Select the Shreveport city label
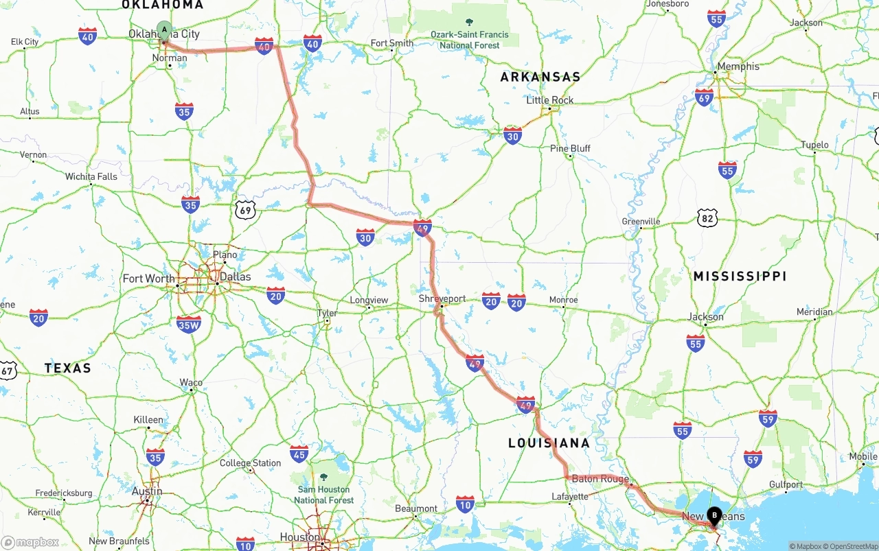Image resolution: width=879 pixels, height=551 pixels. (442, 299)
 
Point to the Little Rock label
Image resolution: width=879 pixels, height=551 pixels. (549, 100)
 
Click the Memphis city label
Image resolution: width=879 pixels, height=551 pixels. (738, 67)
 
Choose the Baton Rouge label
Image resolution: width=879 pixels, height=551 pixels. (600, 479)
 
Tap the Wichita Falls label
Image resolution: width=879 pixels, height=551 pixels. (91, 176)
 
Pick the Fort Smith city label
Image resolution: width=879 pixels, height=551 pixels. (392, 43)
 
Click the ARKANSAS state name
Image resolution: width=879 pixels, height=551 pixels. (540, 77)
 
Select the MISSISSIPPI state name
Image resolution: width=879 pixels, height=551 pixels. (740, 277)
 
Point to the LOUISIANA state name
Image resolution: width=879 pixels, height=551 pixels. (549, 443)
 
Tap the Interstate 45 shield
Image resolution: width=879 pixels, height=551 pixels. (299, 453)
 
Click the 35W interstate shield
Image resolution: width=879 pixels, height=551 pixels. (189, 324)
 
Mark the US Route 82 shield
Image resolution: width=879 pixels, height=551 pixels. (707, 219)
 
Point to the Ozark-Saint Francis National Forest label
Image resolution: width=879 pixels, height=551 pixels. (470, 39)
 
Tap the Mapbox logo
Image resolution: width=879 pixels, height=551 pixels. (31, 542)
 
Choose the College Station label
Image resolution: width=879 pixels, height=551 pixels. (250, 463)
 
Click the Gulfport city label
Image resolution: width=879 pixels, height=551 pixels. (786, 484)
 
